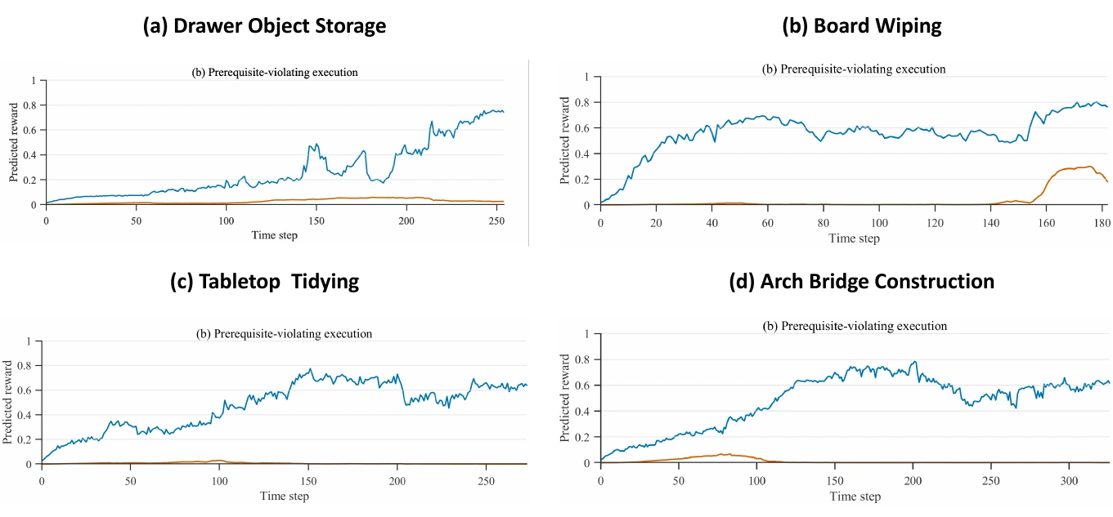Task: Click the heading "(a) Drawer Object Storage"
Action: [264, 26]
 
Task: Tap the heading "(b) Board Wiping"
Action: [862, 26]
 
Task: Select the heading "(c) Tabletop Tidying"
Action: [264, 281]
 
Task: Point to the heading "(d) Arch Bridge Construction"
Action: [862, 281]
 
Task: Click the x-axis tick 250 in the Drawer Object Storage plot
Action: [496, 221]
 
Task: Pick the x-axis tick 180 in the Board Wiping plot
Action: [1102, 223]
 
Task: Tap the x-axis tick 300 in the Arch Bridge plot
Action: [1069, 480]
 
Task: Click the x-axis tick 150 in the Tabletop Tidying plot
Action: [308, 481]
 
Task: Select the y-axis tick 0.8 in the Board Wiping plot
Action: [581, 103]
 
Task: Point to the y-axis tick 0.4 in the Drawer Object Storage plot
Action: [29, 155]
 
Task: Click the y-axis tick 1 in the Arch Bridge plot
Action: [586, 334]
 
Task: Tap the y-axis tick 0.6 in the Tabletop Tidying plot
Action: [25, 390]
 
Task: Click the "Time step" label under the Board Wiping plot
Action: [854, 238]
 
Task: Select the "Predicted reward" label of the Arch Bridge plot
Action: [564, 398]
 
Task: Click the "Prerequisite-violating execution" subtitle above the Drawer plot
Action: [283, 73]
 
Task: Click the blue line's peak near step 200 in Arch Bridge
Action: [914, 362]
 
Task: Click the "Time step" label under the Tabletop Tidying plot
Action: [285, 496]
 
